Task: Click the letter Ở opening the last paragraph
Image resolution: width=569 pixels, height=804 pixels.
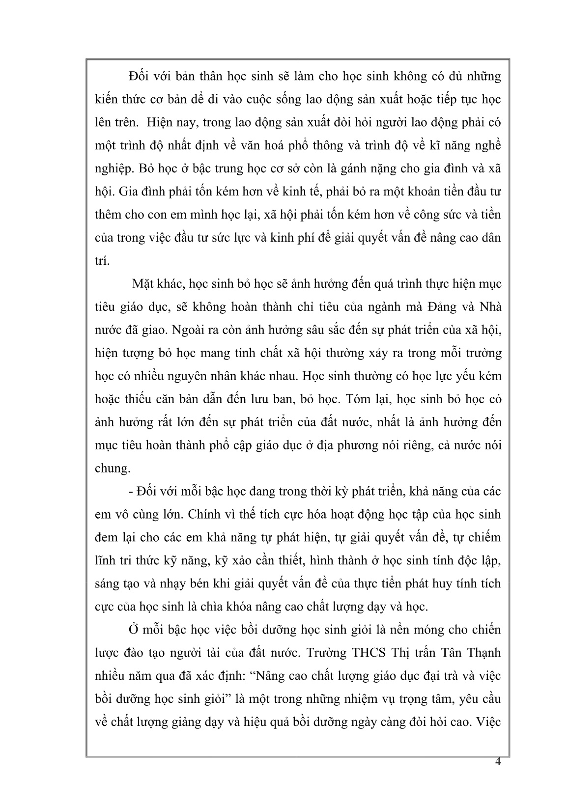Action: [x=132, y=630]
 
